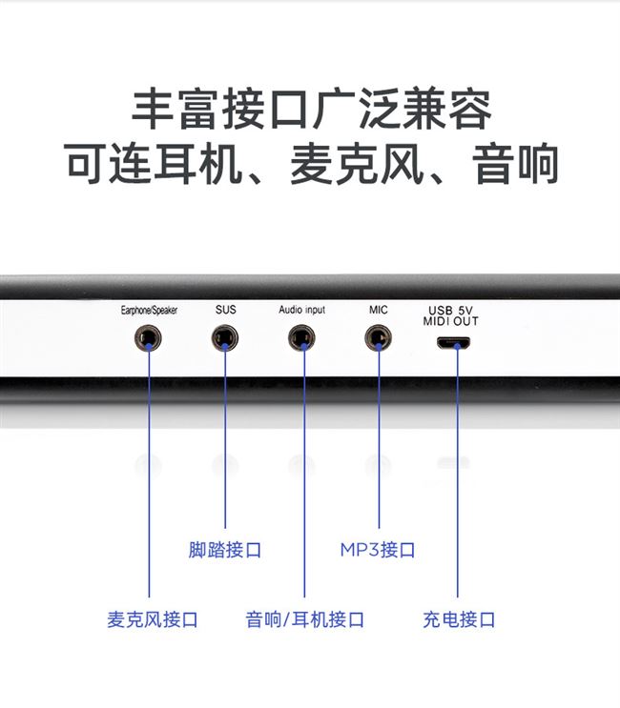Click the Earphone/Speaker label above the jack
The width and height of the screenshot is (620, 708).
click(x=149, y=311)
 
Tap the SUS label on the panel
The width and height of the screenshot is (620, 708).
click(x=225, y=310)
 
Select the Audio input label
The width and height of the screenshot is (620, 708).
click(x=301, y=311)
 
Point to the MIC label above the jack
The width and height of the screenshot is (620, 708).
click(x=378, y=310)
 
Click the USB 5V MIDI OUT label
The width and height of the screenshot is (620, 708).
click(x=452, y=315)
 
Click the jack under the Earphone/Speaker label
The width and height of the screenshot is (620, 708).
click(x=149, y=337)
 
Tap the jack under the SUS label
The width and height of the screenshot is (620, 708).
click(x=225, y=337)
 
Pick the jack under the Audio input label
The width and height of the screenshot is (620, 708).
click(x=302, y=337)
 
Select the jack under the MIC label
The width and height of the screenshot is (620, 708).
click(x=378, y=337)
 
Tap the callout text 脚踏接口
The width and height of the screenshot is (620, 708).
click(x=225, y=550)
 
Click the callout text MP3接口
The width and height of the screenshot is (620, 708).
click(x=378, y=550)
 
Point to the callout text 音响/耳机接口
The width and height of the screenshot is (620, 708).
click(x=304, y=619)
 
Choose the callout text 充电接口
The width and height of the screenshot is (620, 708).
click(x=459, y=619)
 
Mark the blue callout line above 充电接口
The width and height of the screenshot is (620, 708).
click(x=457, y=476)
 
